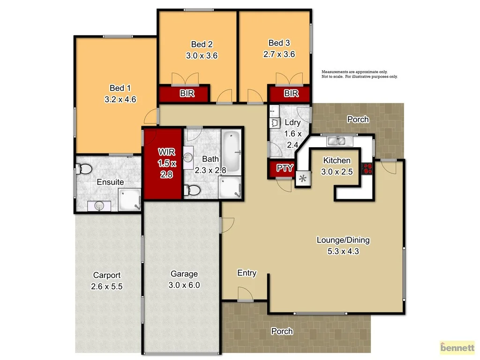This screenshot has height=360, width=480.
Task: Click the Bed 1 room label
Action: (x=117, y=88)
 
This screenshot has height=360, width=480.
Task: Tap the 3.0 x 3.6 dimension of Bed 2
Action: (x=202, y=55)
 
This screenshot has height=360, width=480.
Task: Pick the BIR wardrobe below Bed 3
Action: (x=291, y=94)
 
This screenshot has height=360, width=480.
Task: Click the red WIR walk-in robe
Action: (x=163, y=164)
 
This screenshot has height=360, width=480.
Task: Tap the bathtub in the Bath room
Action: (x=231, y=144)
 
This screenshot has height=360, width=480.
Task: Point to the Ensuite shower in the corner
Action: (x=128, y=200)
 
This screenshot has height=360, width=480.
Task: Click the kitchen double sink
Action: (x=336, y=141)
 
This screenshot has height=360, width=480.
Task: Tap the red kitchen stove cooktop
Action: (x=367, y=168)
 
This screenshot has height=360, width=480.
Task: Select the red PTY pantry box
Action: (x=284, y=168)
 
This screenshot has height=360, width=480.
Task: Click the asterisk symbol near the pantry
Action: (x=303, y=178)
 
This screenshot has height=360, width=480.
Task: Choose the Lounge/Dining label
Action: (x=343, y=240)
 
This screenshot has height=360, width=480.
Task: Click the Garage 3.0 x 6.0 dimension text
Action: (x=184, y=285)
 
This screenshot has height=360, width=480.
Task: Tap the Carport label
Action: (x=107, y=276)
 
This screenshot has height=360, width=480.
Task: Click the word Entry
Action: (x=247, y=273)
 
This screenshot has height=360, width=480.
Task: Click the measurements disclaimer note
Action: (x=359, y=74)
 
